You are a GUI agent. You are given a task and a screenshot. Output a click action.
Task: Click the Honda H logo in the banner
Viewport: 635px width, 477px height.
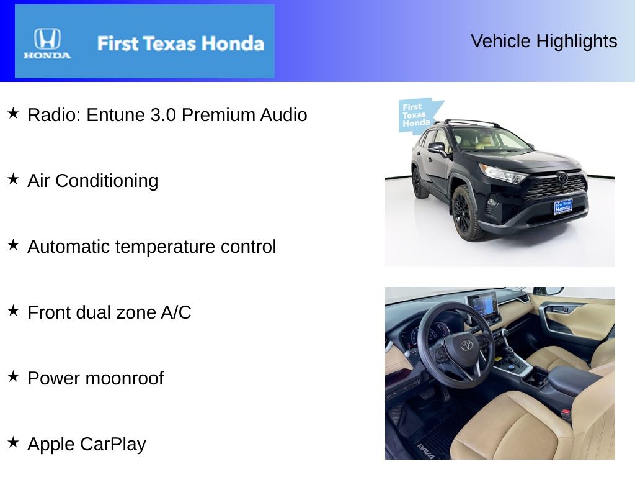(x=47, y=39)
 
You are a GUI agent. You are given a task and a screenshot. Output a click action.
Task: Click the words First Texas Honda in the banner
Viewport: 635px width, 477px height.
(x=180, y=43)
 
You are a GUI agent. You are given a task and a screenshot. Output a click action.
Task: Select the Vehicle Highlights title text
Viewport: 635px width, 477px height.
(x=544, y=41)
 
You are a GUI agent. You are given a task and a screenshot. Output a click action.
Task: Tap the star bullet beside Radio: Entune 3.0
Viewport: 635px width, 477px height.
(x=13, y=114)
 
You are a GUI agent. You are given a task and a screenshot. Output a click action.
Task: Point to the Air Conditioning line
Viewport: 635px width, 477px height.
(x=93, y=181)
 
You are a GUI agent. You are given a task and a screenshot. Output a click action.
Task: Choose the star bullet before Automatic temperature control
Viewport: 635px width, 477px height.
(x=13, y=245)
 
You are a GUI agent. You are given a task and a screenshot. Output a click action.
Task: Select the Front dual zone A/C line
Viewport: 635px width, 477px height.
(x=109, y=312)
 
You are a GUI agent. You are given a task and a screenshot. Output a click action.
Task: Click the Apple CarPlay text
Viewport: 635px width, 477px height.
(x=87, y=444)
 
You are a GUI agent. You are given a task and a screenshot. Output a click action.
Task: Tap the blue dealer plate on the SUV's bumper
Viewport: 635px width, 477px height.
(x=562, y=207)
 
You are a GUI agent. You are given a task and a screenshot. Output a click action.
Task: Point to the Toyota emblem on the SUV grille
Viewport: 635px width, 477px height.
(x=562, y=178)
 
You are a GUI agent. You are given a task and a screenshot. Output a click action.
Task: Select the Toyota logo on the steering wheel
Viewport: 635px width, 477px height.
(x=466, y=345)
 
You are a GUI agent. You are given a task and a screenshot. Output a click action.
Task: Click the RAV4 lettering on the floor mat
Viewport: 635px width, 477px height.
(x=425, y=450)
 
